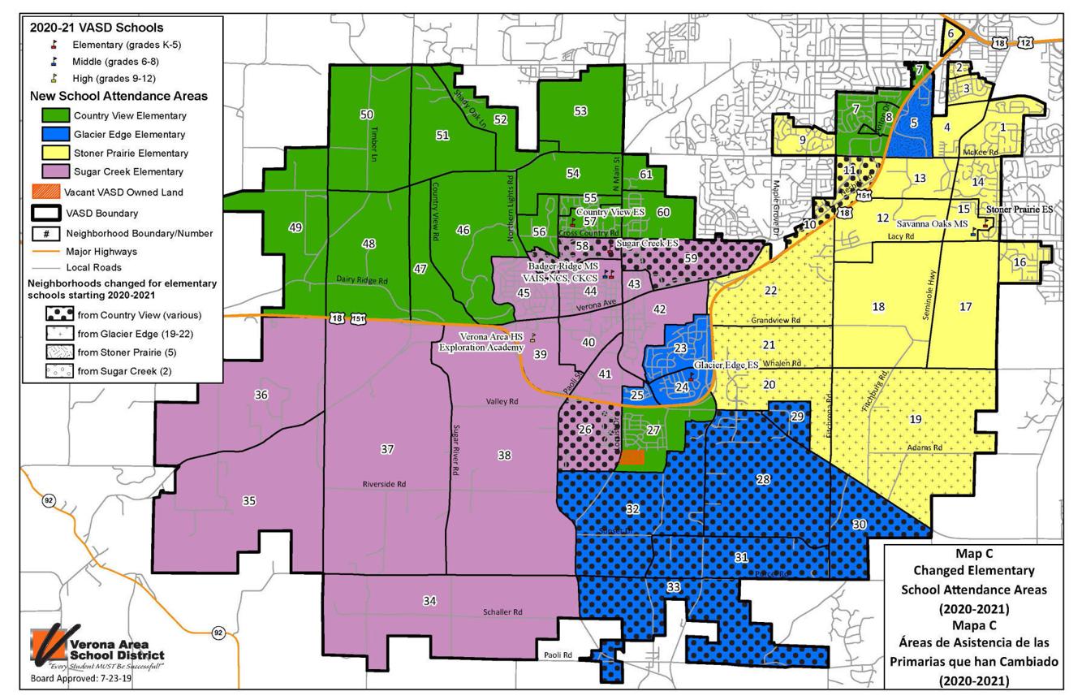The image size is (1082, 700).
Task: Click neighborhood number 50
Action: coord(367,115)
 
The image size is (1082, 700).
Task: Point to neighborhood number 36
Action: coord(261,395)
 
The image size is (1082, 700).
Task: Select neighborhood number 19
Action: coord(916,419)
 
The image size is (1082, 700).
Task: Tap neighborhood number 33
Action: coord(673,587)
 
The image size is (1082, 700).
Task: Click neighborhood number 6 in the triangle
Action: coord(950,34)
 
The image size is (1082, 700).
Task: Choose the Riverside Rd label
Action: coord(384,484)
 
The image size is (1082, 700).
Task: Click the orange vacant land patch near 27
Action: coord(632,458)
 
